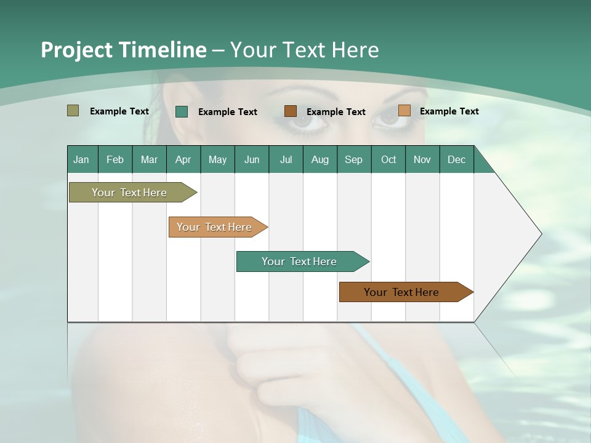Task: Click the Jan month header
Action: pyautogui.click(x=81, y=159)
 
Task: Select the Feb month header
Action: pyautogui.click(x=115, y=159)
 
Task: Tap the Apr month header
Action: pyautogui.click(x=183, y=159)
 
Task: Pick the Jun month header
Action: pyautogui.click(x=252, y=159)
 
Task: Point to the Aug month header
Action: pyautogui.click(x=320, y=159)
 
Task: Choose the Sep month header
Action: pyautogui.click(x=353, y=159)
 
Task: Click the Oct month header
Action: pyautogui.click(x=388, y=159)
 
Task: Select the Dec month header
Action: pyautogui.click(x=456, y=159)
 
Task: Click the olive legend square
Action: pyautogui.click(x=73, y=111)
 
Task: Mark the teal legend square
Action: pyautogui.click(x=182, y=111)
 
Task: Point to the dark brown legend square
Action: pyautogui.click(x=291, y=111)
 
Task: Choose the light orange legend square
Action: pyautogui.click(x=404, y=111)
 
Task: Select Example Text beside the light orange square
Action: pyautogui.click(x=449, y=111)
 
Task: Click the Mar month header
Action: pyautogui.click(x=149, y=159)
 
